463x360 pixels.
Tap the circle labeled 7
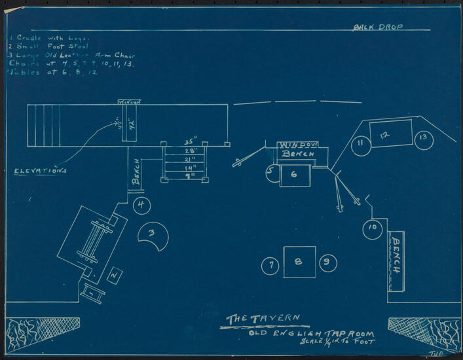point(270,265)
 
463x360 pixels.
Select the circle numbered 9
point(328,264)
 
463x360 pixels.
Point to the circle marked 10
point(372,228)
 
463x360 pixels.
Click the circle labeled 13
point(424,139)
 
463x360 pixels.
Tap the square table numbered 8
point(299,262)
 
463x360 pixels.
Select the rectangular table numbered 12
point(390,134)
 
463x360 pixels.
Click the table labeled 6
point(295,175)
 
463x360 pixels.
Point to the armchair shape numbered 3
point(153,235)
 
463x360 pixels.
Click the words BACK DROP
point(378,27)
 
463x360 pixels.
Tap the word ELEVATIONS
point(41,171)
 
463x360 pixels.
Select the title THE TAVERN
point(263,319)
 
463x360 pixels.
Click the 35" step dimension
point(190,141)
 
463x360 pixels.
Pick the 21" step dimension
point(190,160)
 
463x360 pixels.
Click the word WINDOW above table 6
point(297,145)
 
